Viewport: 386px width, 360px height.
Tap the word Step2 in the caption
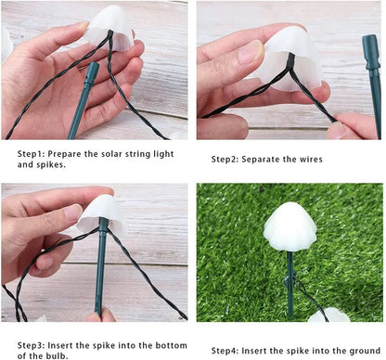pyautogui.click(x=227, y=159)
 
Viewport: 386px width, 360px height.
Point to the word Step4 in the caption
pyautogui.click(x=227, y=351)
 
